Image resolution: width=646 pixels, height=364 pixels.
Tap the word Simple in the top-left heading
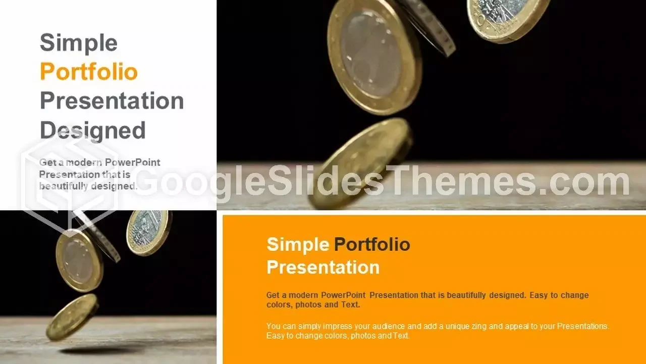coord(78,42)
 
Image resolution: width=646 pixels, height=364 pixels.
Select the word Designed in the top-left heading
coord(92,130)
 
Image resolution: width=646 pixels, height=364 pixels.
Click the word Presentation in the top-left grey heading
coord(112,101)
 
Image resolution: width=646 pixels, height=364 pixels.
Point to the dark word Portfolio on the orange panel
coord(372,245)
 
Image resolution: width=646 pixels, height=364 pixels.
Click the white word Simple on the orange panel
coord(298,245)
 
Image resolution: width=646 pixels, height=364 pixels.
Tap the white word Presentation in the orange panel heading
coord(323,267)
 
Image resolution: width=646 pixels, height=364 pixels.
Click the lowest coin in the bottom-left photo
coord(72,316)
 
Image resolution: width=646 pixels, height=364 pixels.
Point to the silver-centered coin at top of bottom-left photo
coord(148,232)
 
